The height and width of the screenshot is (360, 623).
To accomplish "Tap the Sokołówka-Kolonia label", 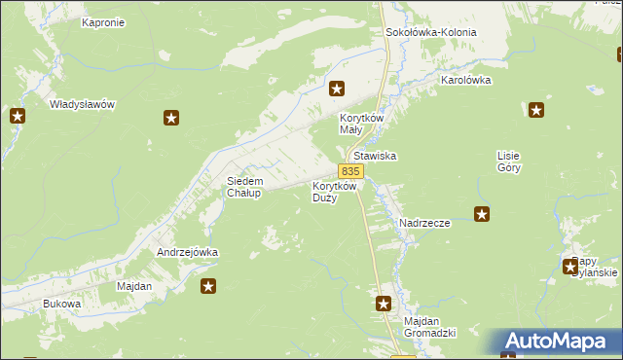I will click(x=431, y=32).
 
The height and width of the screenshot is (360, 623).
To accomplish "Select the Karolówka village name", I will click(x=466, y=80).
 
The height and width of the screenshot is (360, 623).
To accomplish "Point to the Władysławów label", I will click(x=83, y=103).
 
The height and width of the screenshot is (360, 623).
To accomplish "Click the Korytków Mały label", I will click(x=363, y=124).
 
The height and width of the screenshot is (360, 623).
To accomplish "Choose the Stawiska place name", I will click(x=377, y=156).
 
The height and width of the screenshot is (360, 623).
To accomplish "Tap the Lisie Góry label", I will click(x=510, y=162).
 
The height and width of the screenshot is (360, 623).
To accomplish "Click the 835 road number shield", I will click(x=352, y=170).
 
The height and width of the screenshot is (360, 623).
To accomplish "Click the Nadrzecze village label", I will click(x=424, y=223).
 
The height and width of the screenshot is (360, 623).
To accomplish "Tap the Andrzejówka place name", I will click(x=187, y=252).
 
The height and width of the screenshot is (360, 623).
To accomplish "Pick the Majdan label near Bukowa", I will click(x=134, y=287).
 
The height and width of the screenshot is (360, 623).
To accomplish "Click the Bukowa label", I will click(x=61, y=305).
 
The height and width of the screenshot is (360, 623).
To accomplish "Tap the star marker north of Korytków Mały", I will click(x=337, y=90).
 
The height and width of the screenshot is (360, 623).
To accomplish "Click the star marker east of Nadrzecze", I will click(x=482, y=214).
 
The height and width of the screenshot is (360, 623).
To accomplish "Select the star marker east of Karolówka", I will click(x=534, y=110).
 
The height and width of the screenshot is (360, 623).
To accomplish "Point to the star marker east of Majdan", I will click(x=208, y=285).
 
